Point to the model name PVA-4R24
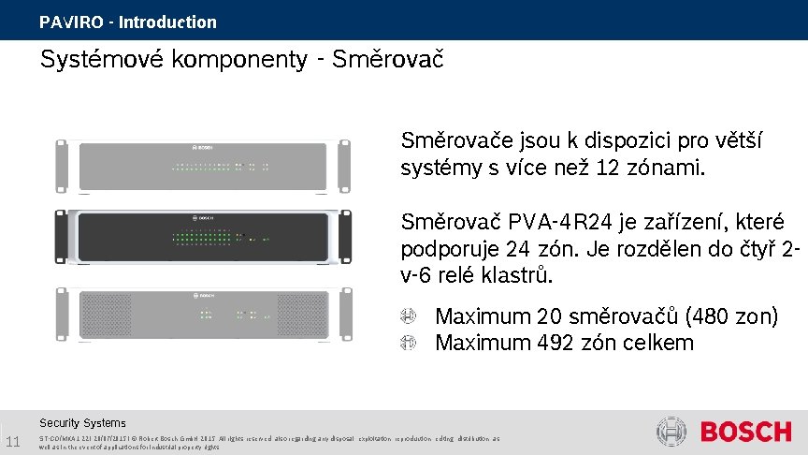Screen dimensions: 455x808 tap(550, 223)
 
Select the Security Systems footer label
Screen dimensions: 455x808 tap(82, 423)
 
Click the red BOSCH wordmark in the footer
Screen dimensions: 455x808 tap(745, 433)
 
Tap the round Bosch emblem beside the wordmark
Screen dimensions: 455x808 tap(671, 432)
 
